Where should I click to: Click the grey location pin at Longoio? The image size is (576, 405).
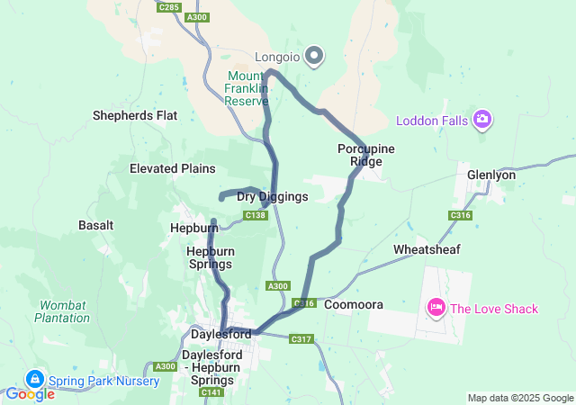314,56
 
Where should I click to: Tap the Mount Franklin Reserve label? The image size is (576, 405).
247,88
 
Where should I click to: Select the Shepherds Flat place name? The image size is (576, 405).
135,115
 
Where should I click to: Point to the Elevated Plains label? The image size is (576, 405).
172,168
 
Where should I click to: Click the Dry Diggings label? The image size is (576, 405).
272,196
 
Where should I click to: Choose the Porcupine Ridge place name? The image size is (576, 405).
366,155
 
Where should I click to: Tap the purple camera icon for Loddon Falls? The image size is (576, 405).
482,120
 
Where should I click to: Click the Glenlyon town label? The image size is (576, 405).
491,175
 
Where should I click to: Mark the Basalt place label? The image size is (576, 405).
96,224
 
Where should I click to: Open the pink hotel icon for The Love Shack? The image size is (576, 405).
436,309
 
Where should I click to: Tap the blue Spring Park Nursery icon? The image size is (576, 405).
36,380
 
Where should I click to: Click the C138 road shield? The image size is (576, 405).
256,215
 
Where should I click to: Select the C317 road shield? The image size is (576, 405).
301,339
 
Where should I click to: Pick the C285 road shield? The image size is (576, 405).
167,7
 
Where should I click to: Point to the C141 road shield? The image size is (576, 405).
211,392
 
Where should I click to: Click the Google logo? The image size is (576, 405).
30,394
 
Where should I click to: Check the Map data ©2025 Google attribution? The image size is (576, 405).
519,398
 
